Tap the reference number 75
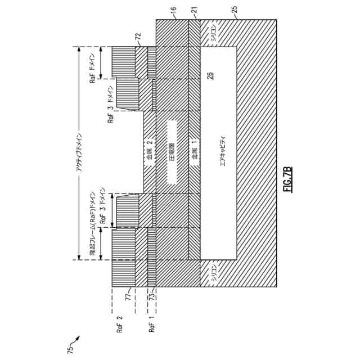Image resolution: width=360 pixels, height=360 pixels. (x=70, y=349)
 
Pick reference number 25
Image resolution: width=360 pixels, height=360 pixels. (x=235, y=10)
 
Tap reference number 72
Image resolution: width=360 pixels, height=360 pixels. (x=137, y=37)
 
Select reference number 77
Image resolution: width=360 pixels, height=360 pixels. (x=128, y=296)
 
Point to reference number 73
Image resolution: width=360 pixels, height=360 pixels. (x=151, y=296)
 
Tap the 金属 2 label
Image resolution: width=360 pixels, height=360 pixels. (x=149, y=151)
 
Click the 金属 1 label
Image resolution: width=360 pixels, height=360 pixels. (x=195, y=151)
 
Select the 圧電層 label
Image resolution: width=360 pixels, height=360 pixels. (x=172, y=152)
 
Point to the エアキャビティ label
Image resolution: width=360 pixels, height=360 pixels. (x=222, y=152)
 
